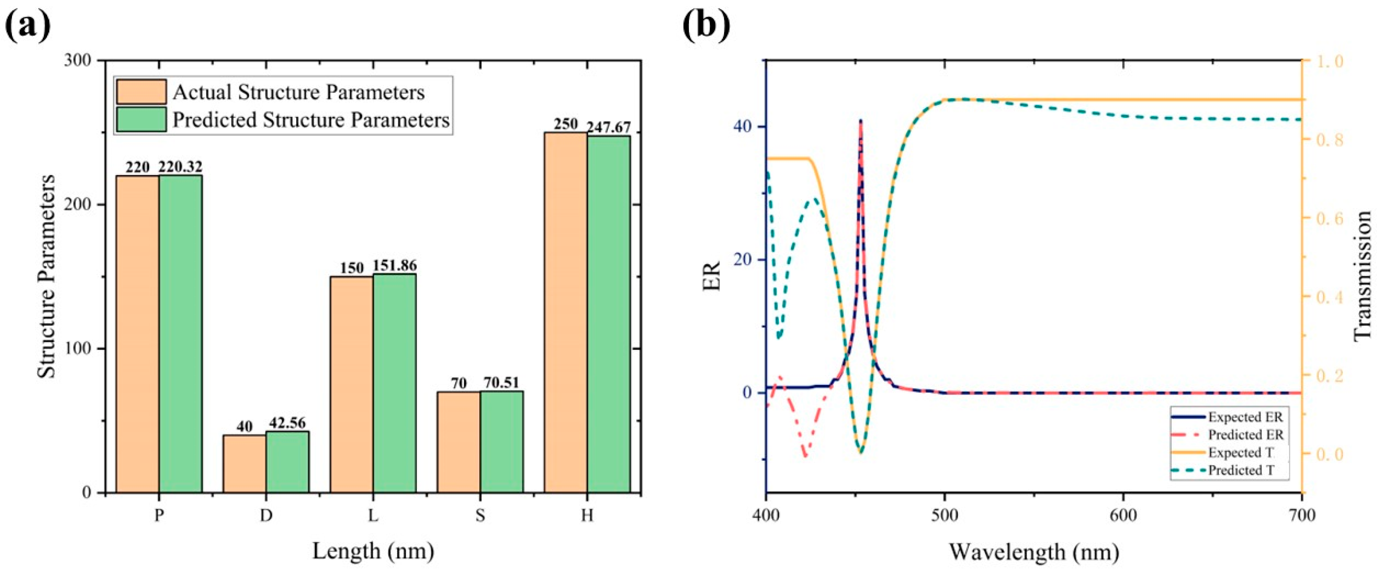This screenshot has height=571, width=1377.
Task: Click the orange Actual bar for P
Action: click(x=138, y=334)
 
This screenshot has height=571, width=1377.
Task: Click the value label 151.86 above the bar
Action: click(x=395, y=266)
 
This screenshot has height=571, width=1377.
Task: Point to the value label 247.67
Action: click(x=608, y=128)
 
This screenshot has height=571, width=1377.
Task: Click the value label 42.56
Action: click(x=287, y=423)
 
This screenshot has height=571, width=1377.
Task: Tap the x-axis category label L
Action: click(x=373, y=515)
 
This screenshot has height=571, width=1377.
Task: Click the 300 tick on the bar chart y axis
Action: click(x=80, y=61)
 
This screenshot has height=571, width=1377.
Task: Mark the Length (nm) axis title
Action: click(x=373, y=551)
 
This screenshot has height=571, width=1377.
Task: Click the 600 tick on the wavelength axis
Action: click(x=1123, y=515)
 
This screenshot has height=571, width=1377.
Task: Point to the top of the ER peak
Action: click(x=861, y=121)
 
